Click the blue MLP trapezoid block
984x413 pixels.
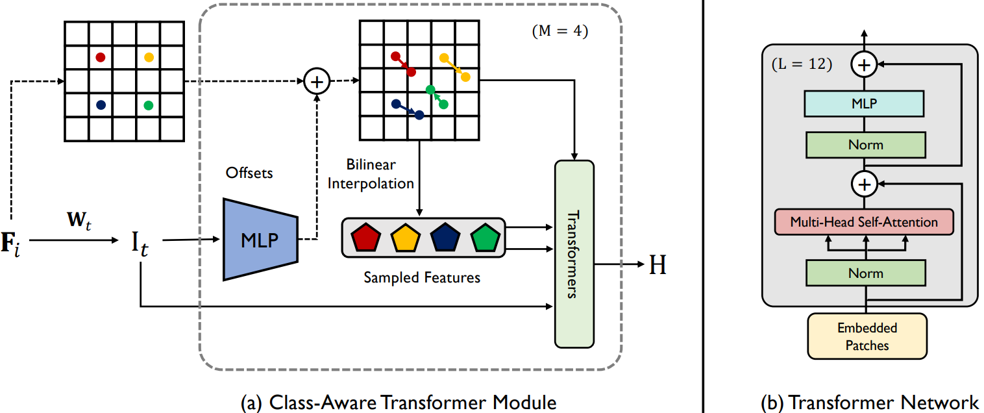point(260,240)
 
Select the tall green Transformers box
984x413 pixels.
point(574,253)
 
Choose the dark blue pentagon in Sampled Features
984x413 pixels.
point(445,238)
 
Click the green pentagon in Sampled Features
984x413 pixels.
point(486,238)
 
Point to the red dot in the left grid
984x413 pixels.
point(100,57)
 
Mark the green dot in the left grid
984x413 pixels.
point(148,105)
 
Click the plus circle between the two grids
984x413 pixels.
point(317,82)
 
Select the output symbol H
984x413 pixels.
point(658,265)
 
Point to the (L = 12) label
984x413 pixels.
point(802,66)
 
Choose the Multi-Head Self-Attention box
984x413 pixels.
point(864,222)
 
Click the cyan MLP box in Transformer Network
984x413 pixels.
point(864,103)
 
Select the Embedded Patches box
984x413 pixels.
point(867,336)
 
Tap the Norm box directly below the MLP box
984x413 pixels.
point(864,144)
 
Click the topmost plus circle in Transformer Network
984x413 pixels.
point(864,64)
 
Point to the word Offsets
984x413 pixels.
point(249,173)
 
